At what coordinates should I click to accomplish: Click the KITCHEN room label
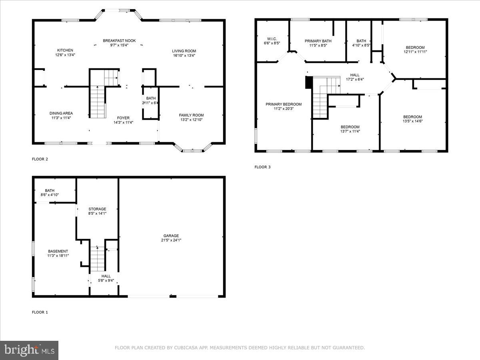tap(65, 50)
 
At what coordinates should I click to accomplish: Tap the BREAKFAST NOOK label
tap(119, 41)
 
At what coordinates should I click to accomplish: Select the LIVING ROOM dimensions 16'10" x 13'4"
tap(184, 56)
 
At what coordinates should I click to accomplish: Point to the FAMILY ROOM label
tap(191, 115)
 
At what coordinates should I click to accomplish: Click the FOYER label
tap(123, 118)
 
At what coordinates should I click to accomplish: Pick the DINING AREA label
tap(61, 113)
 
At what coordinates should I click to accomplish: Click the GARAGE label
tap(171, 236)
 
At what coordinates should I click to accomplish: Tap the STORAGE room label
tap(97, 209)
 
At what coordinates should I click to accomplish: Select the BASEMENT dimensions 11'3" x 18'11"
tap(58, 256)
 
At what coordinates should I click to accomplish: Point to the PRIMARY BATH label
tap(318, 41)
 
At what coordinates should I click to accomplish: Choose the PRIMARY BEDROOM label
tap(284, 104)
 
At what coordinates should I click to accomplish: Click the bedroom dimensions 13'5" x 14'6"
tap(412, 121)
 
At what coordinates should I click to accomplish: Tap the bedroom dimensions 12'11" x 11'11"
tap(415, 52)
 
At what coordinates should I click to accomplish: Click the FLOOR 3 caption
tap(262, 167)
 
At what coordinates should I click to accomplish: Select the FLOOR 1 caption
tap(40, 312)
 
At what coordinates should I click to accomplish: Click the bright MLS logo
tap(29, 350)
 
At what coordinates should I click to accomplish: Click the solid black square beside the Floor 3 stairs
tap(308, 82)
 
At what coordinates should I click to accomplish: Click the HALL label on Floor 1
tap(106, 276)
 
